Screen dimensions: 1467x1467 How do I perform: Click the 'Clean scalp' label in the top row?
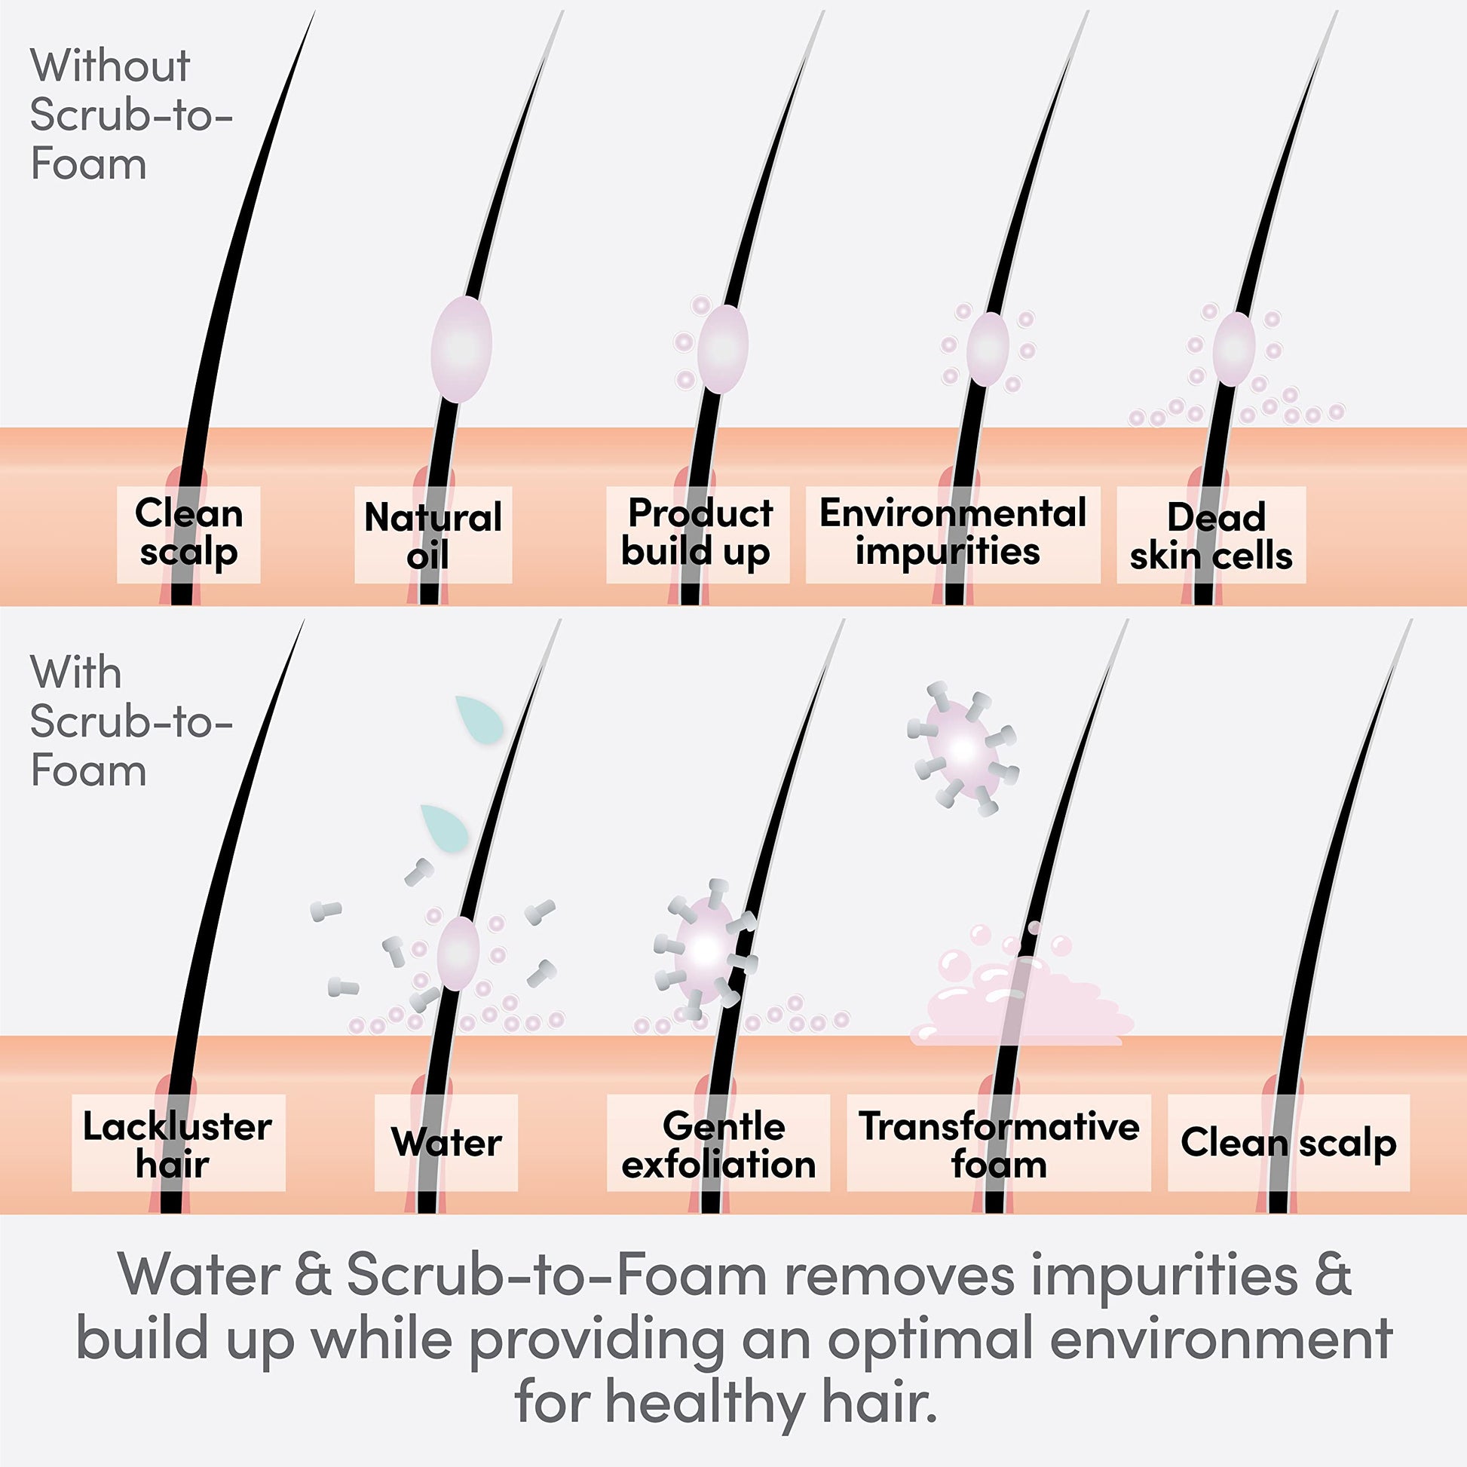tap(188, 534)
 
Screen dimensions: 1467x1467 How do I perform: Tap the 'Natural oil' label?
tap(433, 534)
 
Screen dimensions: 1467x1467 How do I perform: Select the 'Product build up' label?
tap(697, 534)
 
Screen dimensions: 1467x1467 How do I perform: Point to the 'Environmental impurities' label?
tap(952, 534)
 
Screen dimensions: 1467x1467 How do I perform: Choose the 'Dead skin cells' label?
tap(1211, 534)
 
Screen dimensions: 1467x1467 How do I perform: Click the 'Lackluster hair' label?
tap(178, 1143)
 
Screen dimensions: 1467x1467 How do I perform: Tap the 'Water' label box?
tap(446, 1143)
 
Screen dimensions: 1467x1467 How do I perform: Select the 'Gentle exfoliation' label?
tap(718, 1143)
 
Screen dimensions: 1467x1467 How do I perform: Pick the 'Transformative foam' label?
tap(999, 1143)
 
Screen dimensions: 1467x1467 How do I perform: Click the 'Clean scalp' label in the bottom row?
tap(1288, 1143)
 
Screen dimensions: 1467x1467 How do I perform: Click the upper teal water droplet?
tap(482, 719)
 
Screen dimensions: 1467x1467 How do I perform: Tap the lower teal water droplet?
tap(446, 828)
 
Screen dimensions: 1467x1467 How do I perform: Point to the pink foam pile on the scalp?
tap(1025, 1003)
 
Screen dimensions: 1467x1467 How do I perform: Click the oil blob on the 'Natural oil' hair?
tap(461, 348)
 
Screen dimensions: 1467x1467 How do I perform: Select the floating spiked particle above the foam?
tap(963, 749)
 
